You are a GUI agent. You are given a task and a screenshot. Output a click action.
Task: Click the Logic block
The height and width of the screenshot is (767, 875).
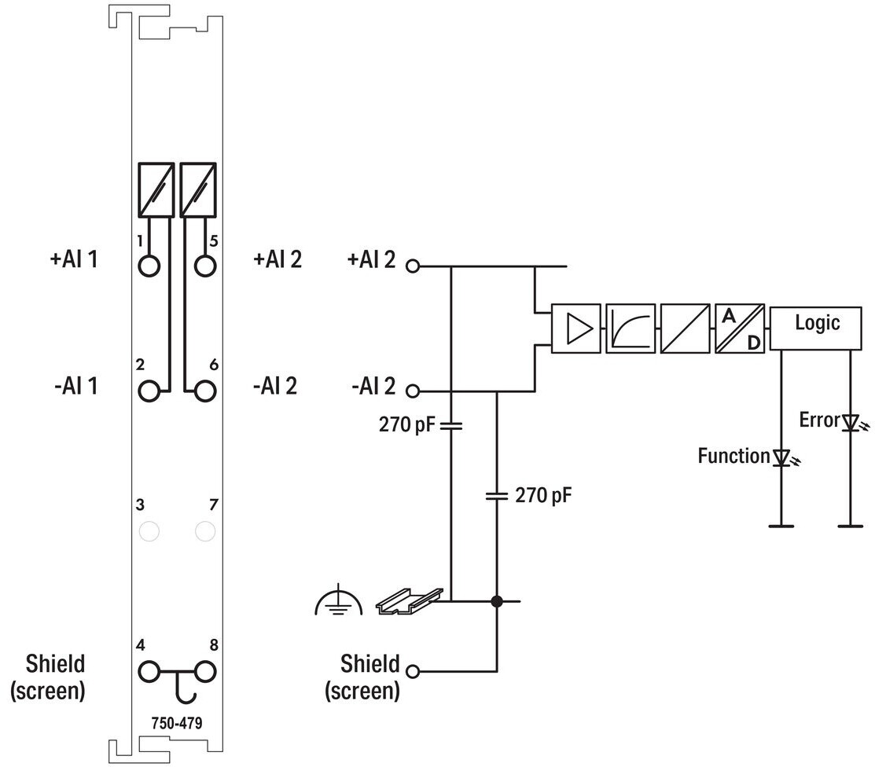point(815,328)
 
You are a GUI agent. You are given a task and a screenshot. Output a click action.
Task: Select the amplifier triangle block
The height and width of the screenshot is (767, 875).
point(576,328)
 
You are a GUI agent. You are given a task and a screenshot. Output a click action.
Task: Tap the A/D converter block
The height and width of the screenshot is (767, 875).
point(740,328)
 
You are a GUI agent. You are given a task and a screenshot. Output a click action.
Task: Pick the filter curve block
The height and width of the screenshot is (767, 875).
point(631,328)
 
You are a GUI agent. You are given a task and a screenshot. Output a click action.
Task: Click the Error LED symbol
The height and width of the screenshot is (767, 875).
point(851,424)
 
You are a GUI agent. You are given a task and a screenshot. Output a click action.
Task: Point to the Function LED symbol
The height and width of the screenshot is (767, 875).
point(782,458)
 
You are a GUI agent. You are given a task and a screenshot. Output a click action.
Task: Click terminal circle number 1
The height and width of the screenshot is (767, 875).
point(149,266)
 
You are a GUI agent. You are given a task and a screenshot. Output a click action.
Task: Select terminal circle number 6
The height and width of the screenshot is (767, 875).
point(205,391)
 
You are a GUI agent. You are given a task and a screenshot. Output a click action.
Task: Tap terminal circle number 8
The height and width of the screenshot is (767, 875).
point(205,672)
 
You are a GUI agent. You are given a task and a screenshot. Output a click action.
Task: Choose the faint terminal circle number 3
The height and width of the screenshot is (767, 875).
point(149,531)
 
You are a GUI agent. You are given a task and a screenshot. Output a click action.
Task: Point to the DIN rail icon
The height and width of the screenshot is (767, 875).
point(410,601)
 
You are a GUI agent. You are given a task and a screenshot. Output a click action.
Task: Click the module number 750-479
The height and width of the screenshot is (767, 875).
point(177,724)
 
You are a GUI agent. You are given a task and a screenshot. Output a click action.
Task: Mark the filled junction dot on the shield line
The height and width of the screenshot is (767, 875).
point(497,601)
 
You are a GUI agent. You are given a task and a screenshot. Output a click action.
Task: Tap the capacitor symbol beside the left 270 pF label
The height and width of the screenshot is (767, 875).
point(451,426)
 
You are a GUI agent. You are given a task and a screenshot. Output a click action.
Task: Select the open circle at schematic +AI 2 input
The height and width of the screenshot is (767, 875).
point(413,266)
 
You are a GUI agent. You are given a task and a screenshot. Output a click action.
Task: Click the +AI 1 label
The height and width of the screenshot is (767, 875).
point(74,259)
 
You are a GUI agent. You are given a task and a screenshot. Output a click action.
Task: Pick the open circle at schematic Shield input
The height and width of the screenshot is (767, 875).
point(413,671)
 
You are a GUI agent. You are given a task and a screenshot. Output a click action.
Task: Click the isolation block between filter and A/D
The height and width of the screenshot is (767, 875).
point(686,328)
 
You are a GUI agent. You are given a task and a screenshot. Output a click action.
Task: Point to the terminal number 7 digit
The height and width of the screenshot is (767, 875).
point(213,505)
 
